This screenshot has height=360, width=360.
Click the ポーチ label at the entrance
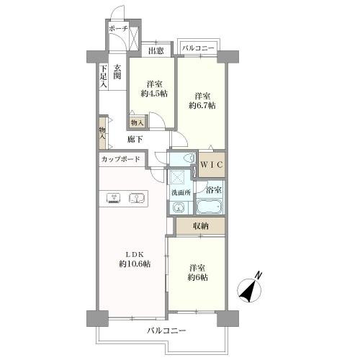(118, 29)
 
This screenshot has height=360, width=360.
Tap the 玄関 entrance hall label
(117, 72)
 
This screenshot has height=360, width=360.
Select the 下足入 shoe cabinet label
(103, 76)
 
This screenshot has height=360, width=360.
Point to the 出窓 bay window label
(156, 51)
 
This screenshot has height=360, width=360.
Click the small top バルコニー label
(198, 48)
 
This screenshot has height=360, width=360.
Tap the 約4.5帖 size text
(154, 94)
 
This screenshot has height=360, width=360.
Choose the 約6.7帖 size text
(202, 105)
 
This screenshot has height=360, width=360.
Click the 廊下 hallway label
(135, 139)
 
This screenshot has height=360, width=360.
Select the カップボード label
(120, 159)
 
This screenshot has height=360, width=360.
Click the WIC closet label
(212, 165)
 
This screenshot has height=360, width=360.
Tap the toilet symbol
(189, 158)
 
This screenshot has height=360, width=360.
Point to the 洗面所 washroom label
(181, 192)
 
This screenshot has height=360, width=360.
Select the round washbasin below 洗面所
(178, 207)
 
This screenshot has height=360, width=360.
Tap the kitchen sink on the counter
(136, 198)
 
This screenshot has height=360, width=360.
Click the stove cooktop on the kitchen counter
(114, 198)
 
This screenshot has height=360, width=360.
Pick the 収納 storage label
(201, 226)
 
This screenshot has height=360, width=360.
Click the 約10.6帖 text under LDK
(135, 264)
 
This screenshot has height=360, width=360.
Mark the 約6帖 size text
(197, 277)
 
